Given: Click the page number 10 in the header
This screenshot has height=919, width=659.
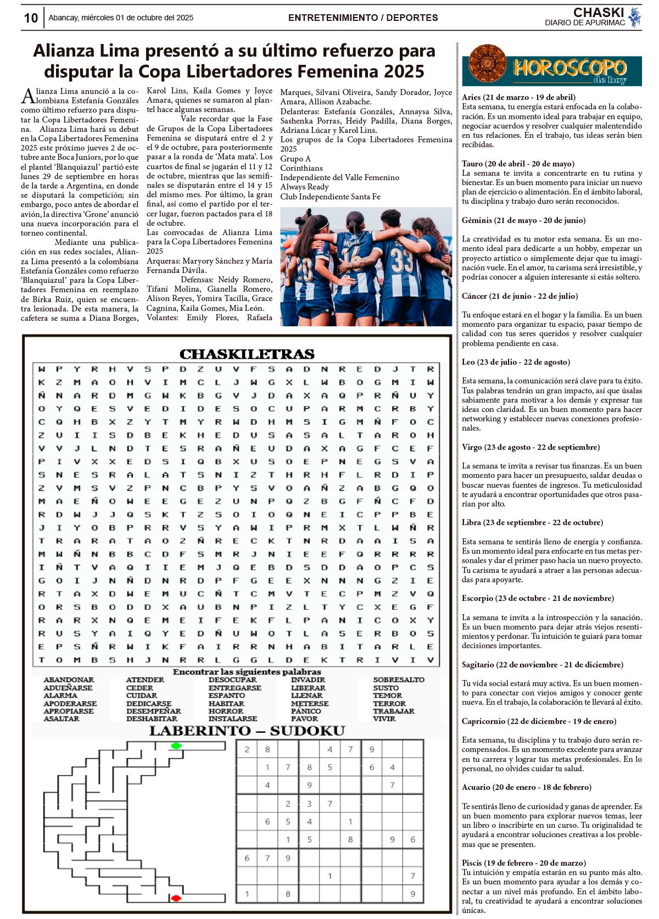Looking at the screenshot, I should (31, 18).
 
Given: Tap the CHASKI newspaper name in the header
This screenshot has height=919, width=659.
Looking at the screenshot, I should (598, 12).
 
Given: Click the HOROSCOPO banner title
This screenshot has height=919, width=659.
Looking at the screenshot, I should (569, 68).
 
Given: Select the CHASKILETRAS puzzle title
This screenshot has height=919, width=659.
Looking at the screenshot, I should (247, 354).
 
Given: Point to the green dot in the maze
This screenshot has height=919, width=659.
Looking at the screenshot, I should (176, 745).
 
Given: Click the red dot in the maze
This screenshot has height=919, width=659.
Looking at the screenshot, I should (176, 898).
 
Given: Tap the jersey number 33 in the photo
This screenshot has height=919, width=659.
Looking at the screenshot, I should (401, 261).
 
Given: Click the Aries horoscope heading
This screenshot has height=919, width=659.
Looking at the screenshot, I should (518, 97).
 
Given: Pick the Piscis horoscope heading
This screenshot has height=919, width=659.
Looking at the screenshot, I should (523, 862).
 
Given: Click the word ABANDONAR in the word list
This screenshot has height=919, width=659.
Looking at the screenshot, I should (69, 679).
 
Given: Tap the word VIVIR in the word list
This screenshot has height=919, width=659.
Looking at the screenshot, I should (384, 719).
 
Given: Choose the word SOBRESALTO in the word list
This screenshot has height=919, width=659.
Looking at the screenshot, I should (399, 679).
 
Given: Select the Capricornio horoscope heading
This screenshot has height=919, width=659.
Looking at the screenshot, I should (539, 721).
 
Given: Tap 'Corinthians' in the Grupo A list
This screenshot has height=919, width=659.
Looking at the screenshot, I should (301, 168).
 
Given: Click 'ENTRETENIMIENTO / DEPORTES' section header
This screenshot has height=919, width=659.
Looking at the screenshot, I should (363, 18).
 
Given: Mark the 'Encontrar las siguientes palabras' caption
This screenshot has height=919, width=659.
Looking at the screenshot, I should (247, 672).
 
